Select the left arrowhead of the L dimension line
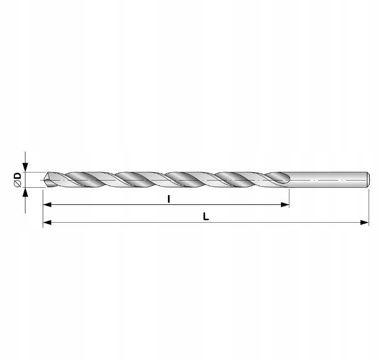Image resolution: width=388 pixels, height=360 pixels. (47, 223)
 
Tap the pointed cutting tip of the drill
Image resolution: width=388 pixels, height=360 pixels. (45, 180)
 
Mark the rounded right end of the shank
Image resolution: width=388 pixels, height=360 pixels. (368, 180)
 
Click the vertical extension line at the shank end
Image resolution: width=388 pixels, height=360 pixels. (369, 208)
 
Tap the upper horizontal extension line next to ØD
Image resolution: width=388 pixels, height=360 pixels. (33, 172)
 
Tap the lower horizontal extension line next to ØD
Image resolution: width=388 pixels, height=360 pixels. (33, 188)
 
